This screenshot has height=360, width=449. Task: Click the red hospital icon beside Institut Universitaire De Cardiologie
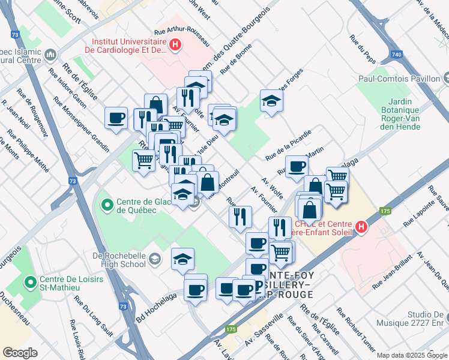click(x=175, y=44)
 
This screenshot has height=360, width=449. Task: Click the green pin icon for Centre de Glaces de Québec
click(x=107, y=206)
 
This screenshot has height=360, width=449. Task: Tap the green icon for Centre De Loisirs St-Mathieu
click(x=29, y=281)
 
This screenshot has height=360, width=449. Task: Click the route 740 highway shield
click(x=396, y=55)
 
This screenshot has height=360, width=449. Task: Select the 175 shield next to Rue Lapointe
click(x=385, y=211)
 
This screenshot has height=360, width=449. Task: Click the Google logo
click(x=20, y=352)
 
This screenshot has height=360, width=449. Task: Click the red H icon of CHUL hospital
click(x=361, y=227)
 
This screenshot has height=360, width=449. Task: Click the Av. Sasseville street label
click(x=264, y=332)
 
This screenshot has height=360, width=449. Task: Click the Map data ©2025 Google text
click(x=412, y=355)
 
